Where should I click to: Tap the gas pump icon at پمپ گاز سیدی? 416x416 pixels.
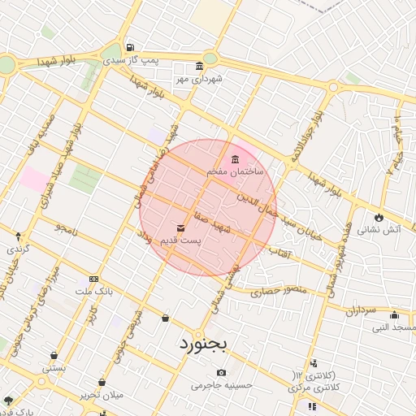(131, 46)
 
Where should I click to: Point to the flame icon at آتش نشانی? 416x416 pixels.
(379, 216)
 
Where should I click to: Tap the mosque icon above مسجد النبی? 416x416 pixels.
(395, 315)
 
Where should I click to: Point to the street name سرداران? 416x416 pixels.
(357, 310)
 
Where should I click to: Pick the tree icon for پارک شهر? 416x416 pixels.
(8, 401)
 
